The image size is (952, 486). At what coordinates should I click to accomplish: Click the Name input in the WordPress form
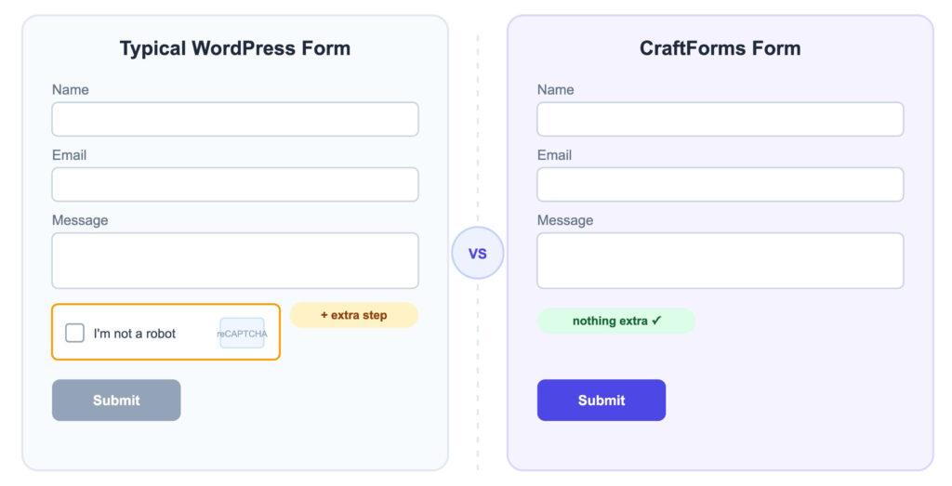click(x=235, y=119)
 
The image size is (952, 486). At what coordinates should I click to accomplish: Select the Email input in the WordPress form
click(x=235, y=184)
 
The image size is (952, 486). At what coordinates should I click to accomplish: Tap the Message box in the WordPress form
click(x=235, y=261)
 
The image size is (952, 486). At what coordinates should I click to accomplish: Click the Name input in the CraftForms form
click(x=721, y=119)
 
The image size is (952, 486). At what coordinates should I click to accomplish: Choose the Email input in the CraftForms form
click(x=721, y=184)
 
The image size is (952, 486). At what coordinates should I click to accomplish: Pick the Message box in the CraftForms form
click(x=721, y=261)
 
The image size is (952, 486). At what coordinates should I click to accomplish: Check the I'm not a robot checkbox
click(x=74, y=333)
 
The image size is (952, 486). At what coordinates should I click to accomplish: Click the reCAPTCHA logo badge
click(x=243, y=333)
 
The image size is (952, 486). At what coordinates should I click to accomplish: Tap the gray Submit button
click(x=116, y=400)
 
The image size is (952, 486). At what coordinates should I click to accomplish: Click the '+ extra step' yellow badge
click(x=354, y=316)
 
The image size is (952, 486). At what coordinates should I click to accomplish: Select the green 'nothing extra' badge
click(x=616, y=321)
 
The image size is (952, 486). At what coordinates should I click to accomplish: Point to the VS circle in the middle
click(x=478, y=253)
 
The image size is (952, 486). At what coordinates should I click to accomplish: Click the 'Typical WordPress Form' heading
click(x=235, y=48)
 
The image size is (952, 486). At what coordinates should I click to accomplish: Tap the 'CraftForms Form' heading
click(x=721, y=48)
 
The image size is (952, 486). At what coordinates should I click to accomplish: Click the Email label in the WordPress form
click(x=69, y=155)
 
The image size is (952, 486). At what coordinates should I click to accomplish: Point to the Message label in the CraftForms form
click(x=565, y=220)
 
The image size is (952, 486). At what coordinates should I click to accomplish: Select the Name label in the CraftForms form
click(x=556, y=90)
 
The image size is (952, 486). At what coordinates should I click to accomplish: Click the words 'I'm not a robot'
click(x=134, y=333)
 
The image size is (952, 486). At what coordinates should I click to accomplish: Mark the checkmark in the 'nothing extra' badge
click(x=656, y=321)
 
